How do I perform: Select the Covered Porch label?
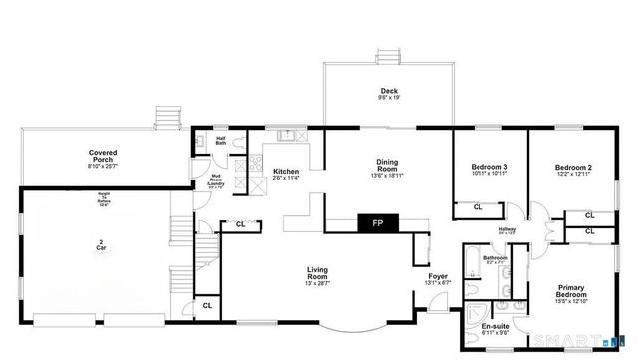[x=105, y=157]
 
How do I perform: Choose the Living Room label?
[x=318, y=273]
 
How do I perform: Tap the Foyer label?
[x=438, y=279]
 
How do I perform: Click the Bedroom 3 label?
[x=489, y=170]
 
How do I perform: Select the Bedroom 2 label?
[x=574, y=170]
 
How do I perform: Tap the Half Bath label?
[x=222, y=141]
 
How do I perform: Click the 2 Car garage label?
[x=101, y=244]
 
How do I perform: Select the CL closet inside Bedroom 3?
[x=478, y=207]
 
